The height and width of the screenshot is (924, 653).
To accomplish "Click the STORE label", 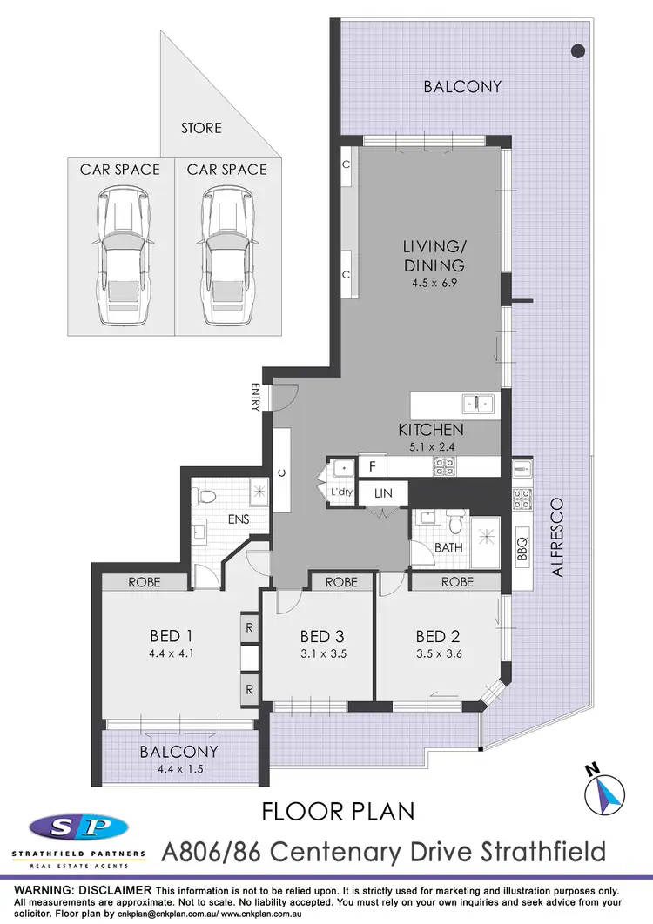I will pos(201,128).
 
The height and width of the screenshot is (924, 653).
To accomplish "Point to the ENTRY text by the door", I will pos(256,397).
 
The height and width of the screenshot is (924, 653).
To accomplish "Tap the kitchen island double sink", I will pos(479,403).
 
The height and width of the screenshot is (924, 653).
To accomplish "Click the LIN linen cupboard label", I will pos(383,493).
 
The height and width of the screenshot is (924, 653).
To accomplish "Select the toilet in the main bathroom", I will pos(454,520).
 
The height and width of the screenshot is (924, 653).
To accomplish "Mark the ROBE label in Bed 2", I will pos(458,582).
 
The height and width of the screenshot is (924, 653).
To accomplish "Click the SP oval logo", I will pos(78,826).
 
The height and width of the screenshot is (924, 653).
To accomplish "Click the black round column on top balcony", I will pos(577,50).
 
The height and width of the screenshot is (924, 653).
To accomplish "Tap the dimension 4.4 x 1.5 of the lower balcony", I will pos(178,768).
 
